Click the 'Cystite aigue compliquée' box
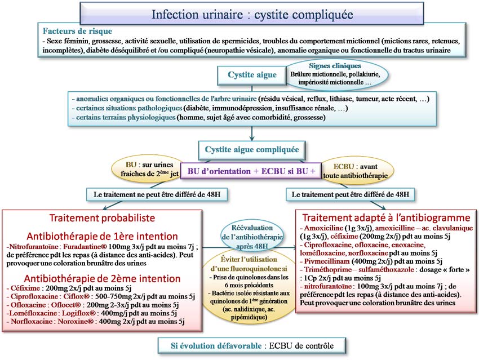pos(251,150)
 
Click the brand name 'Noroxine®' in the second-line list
pos(75,321)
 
